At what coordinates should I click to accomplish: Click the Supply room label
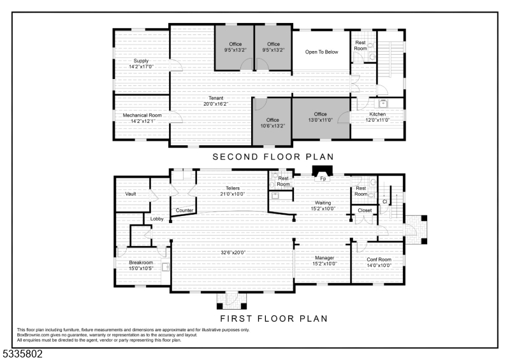coord(141,61)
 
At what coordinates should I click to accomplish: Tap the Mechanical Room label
coord(142,115)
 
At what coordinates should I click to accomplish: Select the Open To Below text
coord(322,52)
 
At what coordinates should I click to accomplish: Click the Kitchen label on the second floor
coord(377,114)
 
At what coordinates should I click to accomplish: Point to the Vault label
coord(131,194)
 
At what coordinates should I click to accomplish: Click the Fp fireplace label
coord(323,178)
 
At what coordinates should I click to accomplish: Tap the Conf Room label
coord(379,259)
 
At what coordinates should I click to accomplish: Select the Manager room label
coord(324,258)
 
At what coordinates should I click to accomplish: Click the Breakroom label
coord(141,263)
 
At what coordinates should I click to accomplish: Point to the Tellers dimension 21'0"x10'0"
coord(233,194)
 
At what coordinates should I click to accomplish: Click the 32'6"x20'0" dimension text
coord(233,252)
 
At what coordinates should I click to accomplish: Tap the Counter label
coord(184,210)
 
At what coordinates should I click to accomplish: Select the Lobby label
coord(157,219)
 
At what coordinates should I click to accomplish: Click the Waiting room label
coord(323,203)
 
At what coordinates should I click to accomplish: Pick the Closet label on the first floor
coord(365,210)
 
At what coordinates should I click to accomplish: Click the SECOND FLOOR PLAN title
coord(273,157)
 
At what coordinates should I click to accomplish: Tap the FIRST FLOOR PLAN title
coord(274,319)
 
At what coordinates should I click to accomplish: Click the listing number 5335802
coord(22,354)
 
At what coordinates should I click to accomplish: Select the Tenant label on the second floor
coord(216,98)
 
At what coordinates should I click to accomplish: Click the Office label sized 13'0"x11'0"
coord(321,114)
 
